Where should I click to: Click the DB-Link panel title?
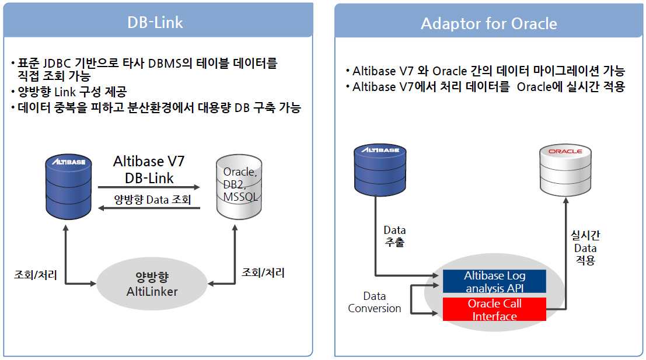pyautogui.click(x=155, y=22)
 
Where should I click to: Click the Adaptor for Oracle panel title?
pyautogui.click(x=488, y=23)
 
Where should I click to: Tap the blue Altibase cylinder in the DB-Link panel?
pyautogui.click(x=68, y=187)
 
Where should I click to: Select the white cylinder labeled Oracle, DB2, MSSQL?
pyautogui.click(x=239, y=187)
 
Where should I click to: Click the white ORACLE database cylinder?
pyautogui.click(x=565, y=170)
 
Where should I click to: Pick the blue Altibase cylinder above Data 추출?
pyautogui.click(x=380, y=170)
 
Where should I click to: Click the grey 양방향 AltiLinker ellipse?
pyautogui.click(x=152, y=284)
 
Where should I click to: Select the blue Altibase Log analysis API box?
pyautogui.click(x=494, y=281)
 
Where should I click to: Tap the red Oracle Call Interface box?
pyautogui.click(x=494, y=309)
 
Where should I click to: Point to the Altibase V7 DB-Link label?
pyautogui.click(x=149, y=169)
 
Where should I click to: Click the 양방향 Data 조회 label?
pyautogui.click(x=152, y=200)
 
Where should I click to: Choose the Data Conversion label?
pyautogui.click(x=374, y=302)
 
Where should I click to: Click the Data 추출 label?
pyautogui.click(x=394, y=236)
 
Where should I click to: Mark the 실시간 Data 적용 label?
pyautogui.click(x=585, y=247)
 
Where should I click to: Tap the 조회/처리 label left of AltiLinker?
pyautogui.click(x=36, y=275)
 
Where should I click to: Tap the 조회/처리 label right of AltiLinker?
pyautogui.click(x=263, y=272)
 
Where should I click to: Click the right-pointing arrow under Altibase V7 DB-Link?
pyautogui.click(x=149, y=187)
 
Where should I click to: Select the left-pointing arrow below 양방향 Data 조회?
pyautogui.click(x=149, y=208)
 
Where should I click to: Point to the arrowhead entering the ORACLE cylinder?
pyautogui.click(x=565, y=201)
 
